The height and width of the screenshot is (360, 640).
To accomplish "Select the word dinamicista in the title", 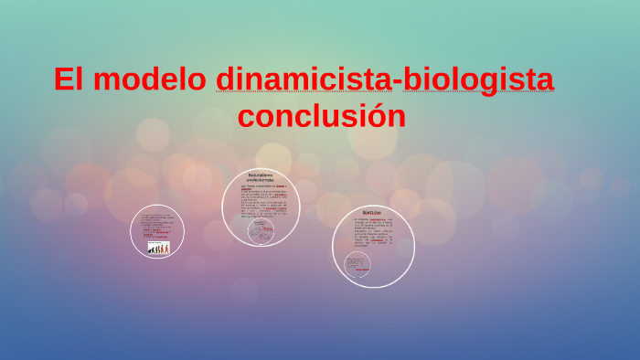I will click(303, 79).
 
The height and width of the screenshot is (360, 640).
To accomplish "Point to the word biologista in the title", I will click(479, 79).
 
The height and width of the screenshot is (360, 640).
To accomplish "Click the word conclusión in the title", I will click(321, 117).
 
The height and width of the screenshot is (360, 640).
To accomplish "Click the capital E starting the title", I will click(62, 79).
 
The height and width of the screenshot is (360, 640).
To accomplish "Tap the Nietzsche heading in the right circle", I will click(372, 212).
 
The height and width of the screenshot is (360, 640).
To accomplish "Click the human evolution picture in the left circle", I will click(158, 248).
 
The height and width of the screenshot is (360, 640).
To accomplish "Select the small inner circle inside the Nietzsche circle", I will click(358, 266).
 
